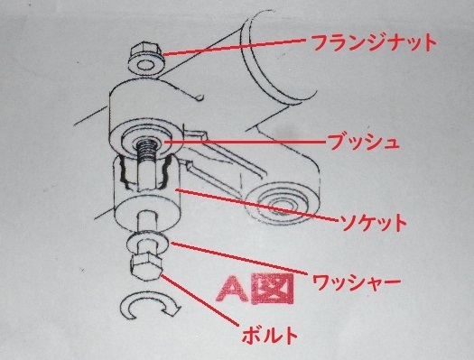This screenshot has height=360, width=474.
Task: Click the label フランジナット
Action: [x=374, y=42]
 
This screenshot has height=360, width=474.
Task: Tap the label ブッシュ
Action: [x=363, y=141]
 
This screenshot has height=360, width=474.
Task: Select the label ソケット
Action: [x=373, y=223]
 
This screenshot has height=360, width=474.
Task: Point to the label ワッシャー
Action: [x=356, y=282]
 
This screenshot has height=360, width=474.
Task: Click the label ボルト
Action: [x=269, y=335]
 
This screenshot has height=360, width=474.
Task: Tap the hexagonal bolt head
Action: [x=145, y=266]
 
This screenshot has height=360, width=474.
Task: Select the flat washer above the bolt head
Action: [x=146, y=243]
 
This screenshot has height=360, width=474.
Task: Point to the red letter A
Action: [x=233, y=288]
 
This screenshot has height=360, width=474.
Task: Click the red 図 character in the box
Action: [x=273, y=289]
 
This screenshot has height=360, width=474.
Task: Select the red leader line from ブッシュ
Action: [x=245, y=141]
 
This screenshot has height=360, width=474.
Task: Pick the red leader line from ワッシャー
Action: [x=240, y=258]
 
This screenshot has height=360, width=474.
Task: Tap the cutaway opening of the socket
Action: [x=146, y=171]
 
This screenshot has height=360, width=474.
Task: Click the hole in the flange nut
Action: [x=145, y=64]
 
